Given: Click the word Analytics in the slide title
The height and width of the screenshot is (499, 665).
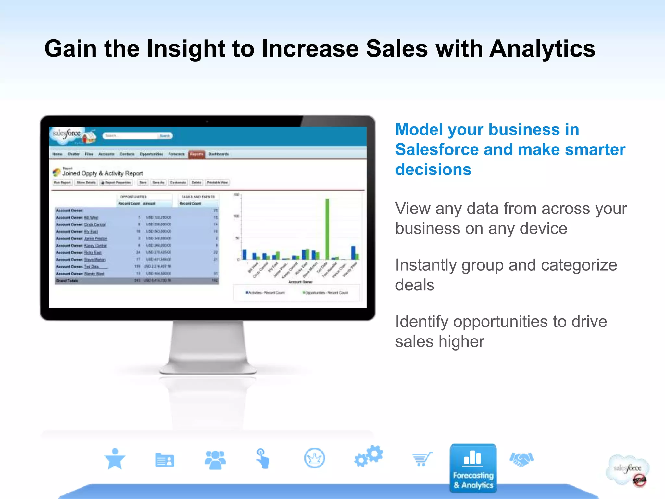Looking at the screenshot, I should click(x=542, y=49).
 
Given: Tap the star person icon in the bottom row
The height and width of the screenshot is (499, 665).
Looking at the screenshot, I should click(x=115, y=459).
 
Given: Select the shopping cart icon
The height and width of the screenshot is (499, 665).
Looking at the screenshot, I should click(x=422, y=459).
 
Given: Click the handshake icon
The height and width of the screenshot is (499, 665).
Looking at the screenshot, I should click(x=521, y=459).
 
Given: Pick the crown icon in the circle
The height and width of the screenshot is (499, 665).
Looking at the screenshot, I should click(x=314, y=458).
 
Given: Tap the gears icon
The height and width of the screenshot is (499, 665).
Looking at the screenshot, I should click(x=369, y=456).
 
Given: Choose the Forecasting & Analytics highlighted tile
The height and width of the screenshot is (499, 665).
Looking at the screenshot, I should click(x=473, y=468).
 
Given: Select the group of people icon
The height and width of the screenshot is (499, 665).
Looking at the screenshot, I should click(x=215, y=459).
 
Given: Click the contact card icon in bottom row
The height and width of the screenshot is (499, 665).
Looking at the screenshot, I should click(x=165, y=460).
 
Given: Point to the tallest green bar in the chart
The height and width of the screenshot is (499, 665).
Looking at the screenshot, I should click(x=327, y=229).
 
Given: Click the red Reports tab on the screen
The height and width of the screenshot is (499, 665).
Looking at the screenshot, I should click(x=196, y=154).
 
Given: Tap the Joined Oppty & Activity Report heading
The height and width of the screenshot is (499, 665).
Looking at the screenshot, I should click(x=103, y=173).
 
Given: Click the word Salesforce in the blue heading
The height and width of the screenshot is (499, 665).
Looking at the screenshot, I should click(x=437, y=150).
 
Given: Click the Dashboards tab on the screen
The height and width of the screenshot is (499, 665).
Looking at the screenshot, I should click(x=219, y=154).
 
